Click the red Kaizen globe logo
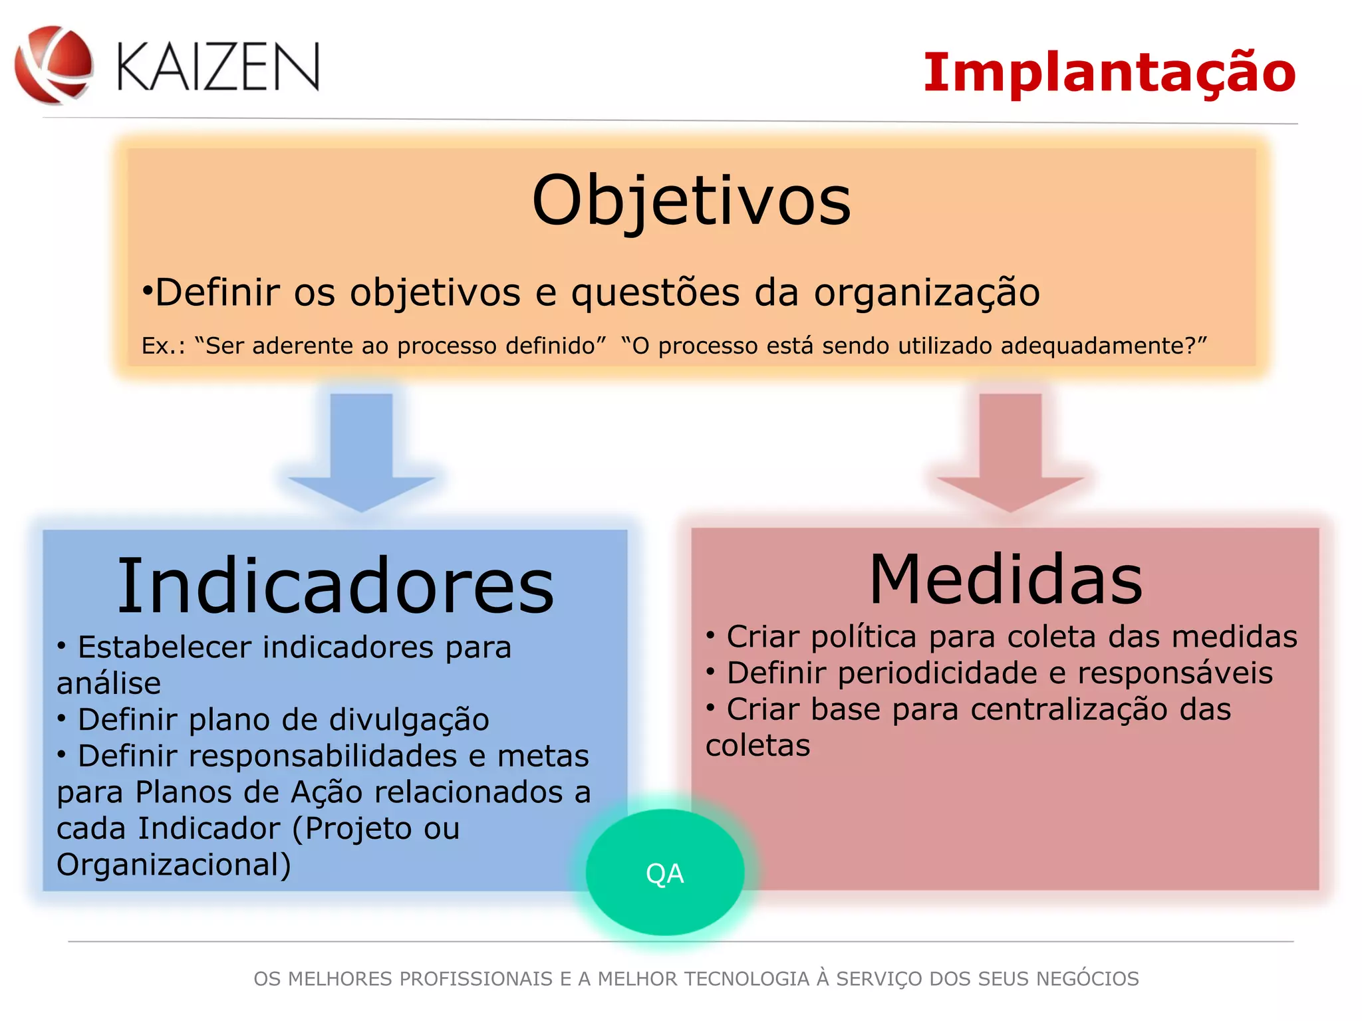click(53, 64)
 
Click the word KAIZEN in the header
click(218, 66)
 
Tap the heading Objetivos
click(691, 200)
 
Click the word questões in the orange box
click(655, 292)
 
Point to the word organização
click(926, 292)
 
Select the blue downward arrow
click(361, 452)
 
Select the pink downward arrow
click(1010, 452)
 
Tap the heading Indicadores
click(335, 586)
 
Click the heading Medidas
click(1006, 580)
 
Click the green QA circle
click(664, 873)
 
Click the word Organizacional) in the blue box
click(174, 865)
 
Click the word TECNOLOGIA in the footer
click(746, 979)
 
